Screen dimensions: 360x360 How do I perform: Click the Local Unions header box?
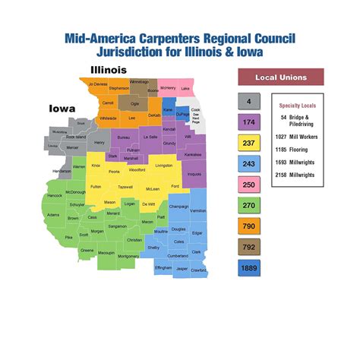coord(280,77)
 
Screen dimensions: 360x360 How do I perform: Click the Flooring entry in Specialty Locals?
coord(296,150)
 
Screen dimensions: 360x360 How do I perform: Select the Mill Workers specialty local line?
coord(296,137)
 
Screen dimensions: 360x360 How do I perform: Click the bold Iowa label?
coord(62,108)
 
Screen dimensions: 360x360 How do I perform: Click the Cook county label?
coord(195,110)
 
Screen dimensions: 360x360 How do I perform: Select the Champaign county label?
coord(178,206)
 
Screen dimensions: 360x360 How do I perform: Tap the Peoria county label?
coord(114,172)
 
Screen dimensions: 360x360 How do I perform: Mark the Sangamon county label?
coord(117,226)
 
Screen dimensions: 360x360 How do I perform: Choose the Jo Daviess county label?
coord(98,84)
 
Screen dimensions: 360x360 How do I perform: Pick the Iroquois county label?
coord(194,174)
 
